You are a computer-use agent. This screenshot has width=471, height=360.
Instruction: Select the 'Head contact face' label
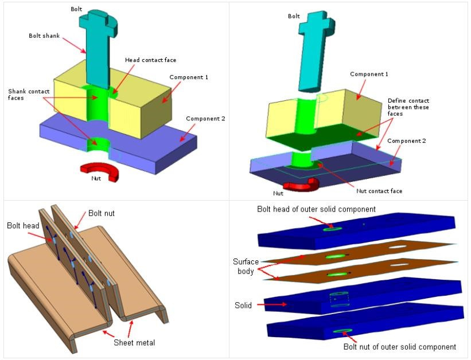(x=151, y=60)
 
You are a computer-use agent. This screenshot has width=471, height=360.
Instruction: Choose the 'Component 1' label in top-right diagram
(x=369, y=75)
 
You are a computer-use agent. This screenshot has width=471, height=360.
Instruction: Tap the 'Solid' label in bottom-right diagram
(x=243, y=306)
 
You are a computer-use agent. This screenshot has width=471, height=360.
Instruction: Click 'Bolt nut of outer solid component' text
(x=399, y=347)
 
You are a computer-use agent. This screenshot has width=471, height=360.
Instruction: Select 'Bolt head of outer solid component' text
(x=316, y=209)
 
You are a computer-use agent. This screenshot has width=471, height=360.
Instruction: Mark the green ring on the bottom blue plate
(x=340, y=331)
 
